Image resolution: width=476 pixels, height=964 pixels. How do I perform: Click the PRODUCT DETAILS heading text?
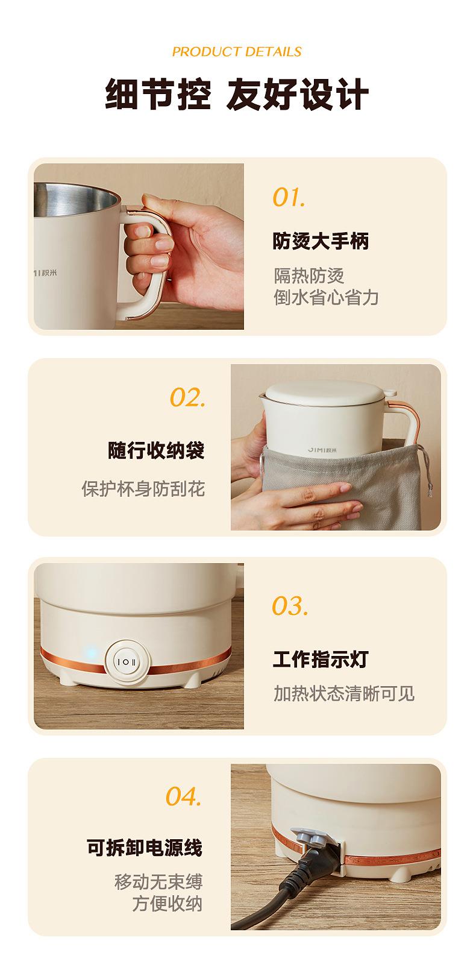(x=237, y=52)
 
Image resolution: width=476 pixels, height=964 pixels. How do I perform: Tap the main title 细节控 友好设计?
(x=237, y=94)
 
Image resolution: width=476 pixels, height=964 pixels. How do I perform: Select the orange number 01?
(x=289, y=198)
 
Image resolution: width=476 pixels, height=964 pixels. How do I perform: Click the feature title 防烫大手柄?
(x=321, y=241)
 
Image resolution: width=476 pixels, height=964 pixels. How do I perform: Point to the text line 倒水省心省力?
(x=327, y=297)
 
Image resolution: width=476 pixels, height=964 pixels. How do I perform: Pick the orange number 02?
(x=188, y=397)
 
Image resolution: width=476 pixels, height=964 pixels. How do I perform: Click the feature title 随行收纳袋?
(x=156, y=450)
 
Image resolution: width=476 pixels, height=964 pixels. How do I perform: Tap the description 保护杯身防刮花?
(x=143, y=489)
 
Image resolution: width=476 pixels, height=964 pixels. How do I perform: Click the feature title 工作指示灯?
(x=321, y=659)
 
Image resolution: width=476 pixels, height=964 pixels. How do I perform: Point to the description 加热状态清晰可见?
(x=344, y=693)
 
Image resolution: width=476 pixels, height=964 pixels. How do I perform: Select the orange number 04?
(x=184, y=796)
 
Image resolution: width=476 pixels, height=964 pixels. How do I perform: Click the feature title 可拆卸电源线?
(x=144, y=848)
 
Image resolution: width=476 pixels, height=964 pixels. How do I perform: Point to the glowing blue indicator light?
(x=91, y=654)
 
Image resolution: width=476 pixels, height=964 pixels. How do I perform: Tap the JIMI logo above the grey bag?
(x=322, y=450)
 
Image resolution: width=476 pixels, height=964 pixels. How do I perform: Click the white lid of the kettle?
(x=325, y=392)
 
